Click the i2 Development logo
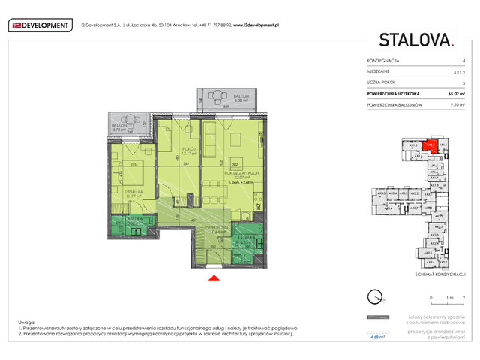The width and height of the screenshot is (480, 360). point(40,25)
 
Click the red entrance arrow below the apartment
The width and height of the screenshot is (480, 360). point(214,279)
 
